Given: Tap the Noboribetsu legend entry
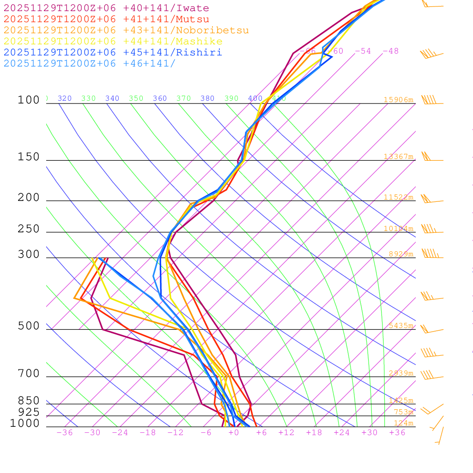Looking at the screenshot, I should [x=126, y=30].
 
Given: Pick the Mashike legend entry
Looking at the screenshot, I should [x=113, y=42].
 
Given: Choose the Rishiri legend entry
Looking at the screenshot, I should [x=113, y=53].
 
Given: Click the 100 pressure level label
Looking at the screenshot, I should [x=29, y=100].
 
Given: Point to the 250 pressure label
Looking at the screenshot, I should [x=29, y=229].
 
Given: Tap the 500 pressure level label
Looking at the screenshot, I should [x=29, y=326].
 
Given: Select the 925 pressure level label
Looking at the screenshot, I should [x=29, y=412].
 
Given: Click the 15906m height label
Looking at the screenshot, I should [x=398, y=100].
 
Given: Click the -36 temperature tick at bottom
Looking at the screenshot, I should [x=64, y=432].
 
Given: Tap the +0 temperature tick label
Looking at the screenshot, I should [x=234, y=432].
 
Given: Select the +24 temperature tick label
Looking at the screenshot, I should [x=342, y=432].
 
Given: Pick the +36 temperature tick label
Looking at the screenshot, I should [x=397, y=432].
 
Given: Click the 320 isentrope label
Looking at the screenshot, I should [x=65, y=98].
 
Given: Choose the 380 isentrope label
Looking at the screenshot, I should [x=207, y=98].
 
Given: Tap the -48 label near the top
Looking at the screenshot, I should [x=390, y=51].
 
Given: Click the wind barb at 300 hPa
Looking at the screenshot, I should [x=431, y=254].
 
